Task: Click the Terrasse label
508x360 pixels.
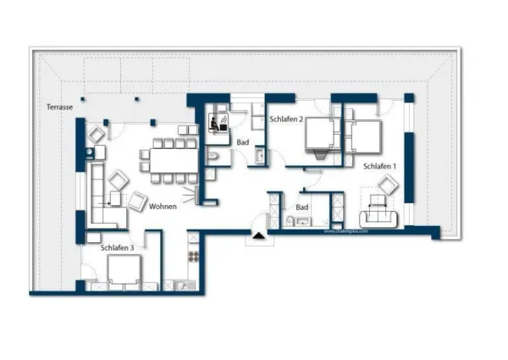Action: (x=59, y=107)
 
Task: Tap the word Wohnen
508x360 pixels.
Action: (x=163, y=207)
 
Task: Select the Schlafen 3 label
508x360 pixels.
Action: (x=117, y=247)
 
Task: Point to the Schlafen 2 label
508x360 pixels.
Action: (x=286, y=119)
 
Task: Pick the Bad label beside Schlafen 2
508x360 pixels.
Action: (x=243, y=141)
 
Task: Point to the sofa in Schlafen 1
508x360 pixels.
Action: (x=378, y=215)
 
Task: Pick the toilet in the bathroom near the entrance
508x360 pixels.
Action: (x=290, y=222)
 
